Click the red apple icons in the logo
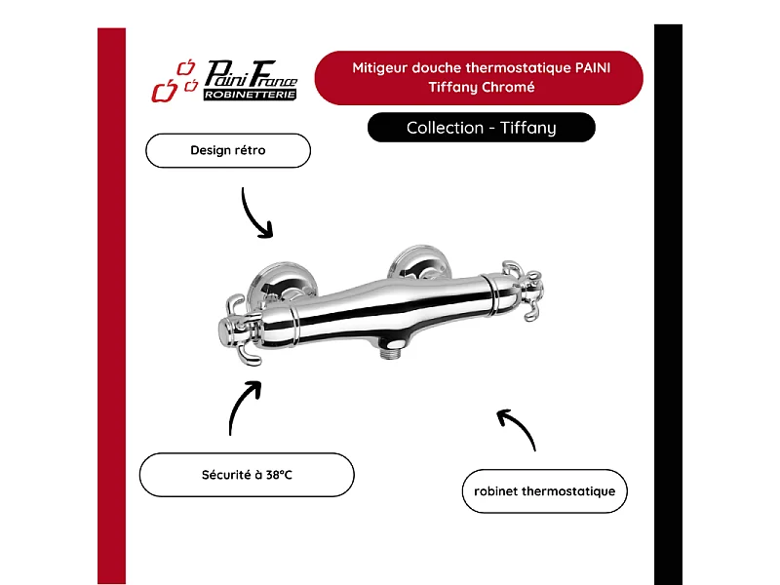click(x=173, y=82)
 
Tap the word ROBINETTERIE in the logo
click(x=250, y=95)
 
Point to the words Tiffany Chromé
click(x=481, y=87)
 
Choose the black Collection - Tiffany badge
click(x=481, y=128)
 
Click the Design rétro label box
click(x=227, y=151)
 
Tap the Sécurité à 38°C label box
click(x=246, y=475)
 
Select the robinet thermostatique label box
click(x=544, y=491)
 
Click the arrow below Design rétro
click(x=255, y=212)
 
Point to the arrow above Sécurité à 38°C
click(x=243, y=407)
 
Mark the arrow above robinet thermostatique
click(x=517, y=428)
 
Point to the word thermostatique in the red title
click(x=514, y=68)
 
